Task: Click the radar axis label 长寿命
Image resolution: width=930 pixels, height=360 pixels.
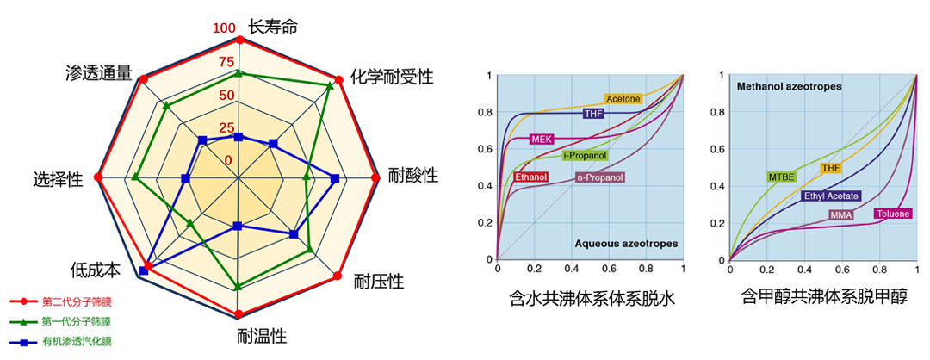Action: [273, 27]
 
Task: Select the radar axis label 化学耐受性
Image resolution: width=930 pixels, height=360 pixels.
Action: [392, 76]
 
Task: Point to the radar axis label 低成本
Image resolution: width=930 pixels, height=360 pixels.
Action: [96, 270]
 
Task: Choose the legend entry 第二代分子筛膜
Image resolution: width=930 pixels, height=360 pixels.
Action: [77, 302]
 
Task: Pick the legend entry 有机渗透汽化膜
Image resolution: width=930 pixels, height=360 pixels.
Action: [77, 342]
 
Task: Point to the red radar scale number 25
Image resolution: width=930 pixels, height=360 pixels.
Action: [224, 128]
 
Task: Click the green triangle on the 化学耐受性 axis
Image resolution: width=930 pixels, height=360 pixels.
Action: [331, 85]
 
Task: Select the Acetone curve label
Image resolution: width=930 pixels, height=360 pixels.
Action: [623, 99]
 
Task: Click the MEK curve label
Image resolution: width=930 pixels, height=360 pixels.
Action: [541, 139]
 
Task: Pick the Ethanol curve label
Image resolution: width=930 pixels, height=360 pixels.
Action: [531, 177]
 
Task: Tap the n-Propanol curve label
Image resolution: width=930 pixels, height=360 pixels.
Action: [599, 177]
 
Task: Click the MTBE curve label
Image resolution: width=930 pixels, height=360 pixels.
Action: [781, 177]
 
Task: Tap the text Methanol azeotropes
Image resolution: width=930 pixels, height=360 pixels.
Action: [789, 86]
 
